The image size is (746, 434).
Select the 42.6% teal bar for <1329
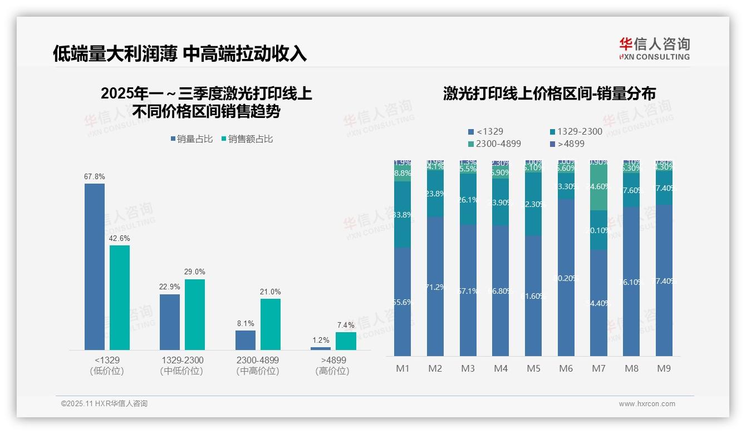tap(120, 297)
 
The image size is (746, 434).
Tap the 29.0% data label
tap(195, 272)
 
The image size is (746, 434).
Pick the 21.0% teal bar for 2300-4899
tap(271, 324)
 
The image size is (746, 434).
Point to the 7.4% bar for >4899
tap(346, 341)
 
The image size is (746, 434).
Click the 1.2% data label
tap(321, 340)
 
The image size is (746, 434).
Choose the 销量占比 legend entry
tap(192, 139)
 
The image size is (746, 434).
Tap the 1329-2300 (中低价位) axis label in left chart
tap(181, 365)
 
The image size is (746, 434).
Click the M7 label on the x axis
tap(598, 368)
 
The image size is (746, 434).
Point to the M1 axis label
tap(403, 368)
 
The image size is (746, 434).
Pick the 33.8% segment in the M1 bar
tap(403, 214)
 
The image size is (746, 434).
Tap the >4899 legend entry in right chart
tap(568, 144)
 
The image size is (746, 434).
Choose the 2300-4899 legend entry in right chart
tap(495, 144)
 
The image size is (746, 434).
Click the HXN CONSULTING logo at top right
tap(654, 49)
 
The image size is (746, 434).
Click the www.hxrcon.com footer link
tap(646, 404)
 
